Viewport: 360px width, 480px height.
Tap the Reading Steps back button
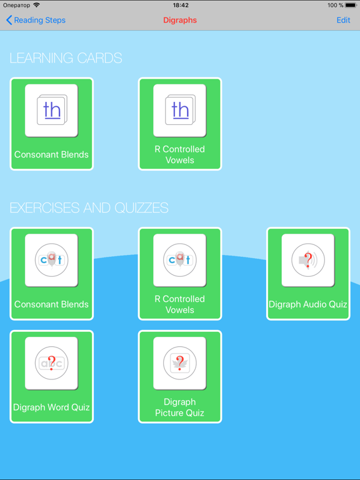(36, 20)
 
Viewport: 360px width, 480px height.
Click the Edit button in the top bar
(343, 20)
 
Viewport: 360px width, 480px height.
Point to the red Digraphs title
(180, 20)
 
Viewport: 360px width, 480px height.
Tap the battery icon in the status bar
(351, 5)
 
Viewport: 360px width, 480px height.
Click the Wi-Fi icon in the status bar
(37, 5)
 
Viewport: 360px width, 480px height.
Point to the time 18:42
(181, 5)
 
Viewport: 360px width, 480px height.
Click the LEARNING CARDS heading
(66, 58)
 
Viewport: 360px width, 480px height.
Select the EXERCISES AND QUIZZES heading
(89, 208)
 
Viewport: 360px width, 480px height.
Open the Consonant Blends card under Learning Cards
(51, 124)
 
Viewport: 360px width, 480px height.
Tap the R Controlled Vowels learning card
(180, 124)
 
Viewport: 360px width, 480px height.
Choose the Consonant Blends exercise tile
(51, 274)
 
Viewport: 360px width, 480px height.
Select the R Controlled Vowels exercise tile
(180, 274)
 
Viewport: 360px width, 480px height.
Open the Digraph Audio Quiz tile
(308, 274)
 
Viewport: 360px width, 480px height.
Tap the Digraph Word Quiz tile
(51, 376)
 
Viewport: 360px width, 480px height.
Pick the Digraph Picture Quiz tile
(180, 376)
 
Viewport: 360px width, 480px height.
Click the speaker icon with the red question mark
(308, 260)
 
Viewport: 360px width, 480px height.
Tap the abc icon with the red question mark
(51, 363)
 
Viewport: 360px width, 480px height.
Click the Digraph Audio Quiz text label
(308, 304)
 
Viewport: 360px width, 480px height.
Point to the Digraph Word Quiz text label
(51, 407)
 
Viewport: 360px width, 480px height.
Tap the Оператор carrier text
(16, 5)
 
